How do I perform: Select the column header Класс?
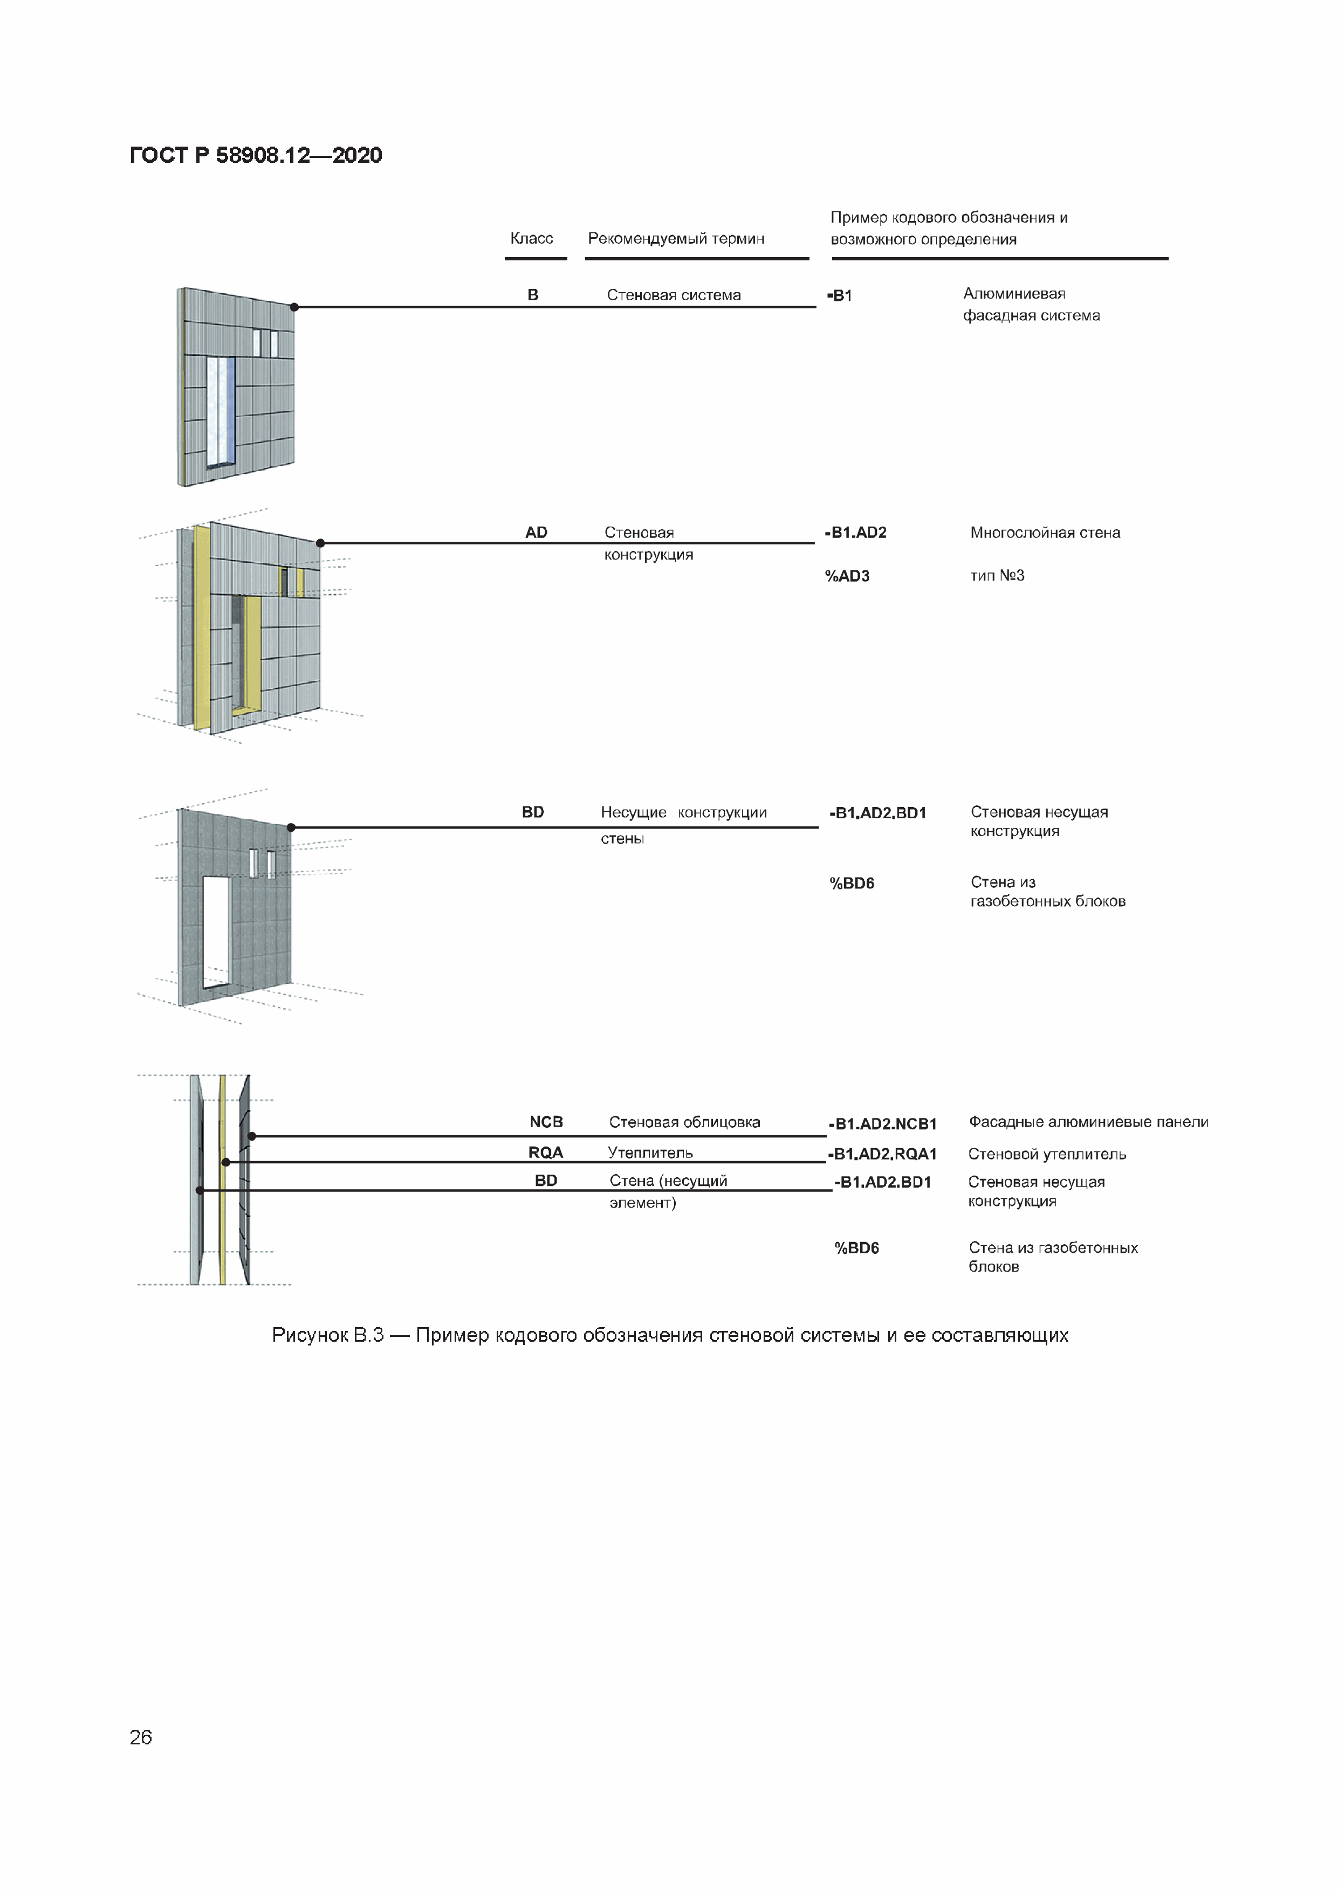coord(531,238)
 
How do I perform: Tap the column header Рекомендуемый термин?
coord(676,238)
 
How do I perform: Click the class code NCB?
coord(545,1122)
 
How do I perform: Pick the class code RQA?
coord(545,1152)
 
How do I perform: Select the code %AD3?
coord(847,576)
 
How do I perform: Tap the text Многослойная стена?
coord(1045,533)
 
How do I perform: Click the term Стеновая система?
coord(673,295)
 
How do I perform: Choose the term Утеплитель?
coord(650,1152)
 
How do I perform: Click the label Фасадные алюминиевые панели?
coord(1088,1122)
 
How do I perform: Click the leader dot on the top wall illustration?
coord(294,307)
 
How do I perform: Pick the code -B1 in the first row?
coord(840,296)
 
